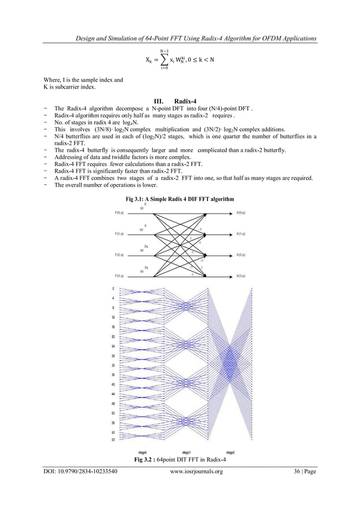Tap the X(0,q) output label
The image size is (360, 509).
point(240,213)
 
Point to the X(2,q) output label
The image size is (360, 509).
point(240,255)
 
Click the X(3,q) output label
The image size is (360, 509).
point(240,276)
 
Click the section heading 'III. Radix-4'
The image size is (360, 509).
point(180,103)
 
